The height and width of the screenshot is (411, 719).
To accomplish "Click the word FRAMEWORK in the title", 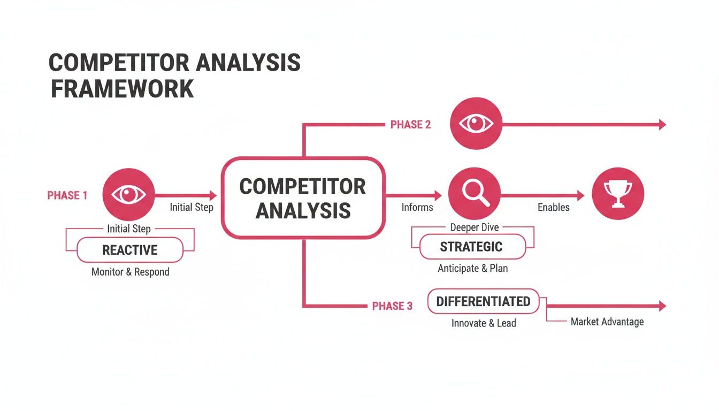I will (x=122, y=88).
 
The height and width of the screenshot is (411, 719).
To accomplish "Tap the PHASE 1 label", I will (x=67, y=195).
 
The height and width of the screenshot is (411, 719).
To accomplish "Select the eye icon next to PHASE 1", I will (x=128, y=194).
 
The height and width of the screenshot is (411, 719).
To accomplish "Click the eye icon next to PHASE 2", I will (x=476, y=124).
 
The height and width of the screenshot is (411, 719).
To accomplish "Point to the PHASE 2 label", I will (x=410, y=125).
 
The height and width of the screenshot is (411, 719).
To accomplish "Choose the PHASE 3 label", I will (x=392, y=306).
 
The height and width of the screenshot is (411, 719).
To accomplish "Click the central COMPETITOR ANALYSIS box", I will (x=303, y=198).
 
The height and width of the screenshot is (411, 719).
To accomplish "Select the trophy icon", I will (x=618, y=194).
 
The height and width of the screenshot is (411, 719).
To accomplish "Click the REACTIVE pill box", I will (x=130, y=250).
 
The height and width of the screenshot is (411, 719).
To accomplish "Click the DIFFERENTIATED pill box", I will (x=483, y=301).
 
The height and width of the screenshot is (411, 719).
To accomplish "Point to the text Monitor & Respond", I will (x=130, y=272).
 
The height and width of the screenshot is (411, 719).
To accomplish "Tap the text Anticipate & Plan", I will (x=472, y=268).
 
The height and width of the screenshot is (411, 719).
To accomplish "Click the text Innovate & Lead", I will (x=484, y=323).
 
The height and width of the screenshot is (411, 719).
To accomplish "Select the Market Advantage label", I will (x=607, y=322).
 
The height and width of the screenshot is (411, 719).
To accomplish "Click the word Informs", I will (x=417, y=207).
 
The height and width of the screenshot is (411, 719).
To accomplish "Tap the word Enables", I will (x=553, y=207).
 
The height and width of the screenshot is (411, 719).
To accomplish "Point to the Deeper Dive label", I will (x=475, y=227).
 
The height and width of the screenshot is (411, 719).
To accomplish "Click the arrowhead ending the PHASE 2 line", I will (x=662, y=125).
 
